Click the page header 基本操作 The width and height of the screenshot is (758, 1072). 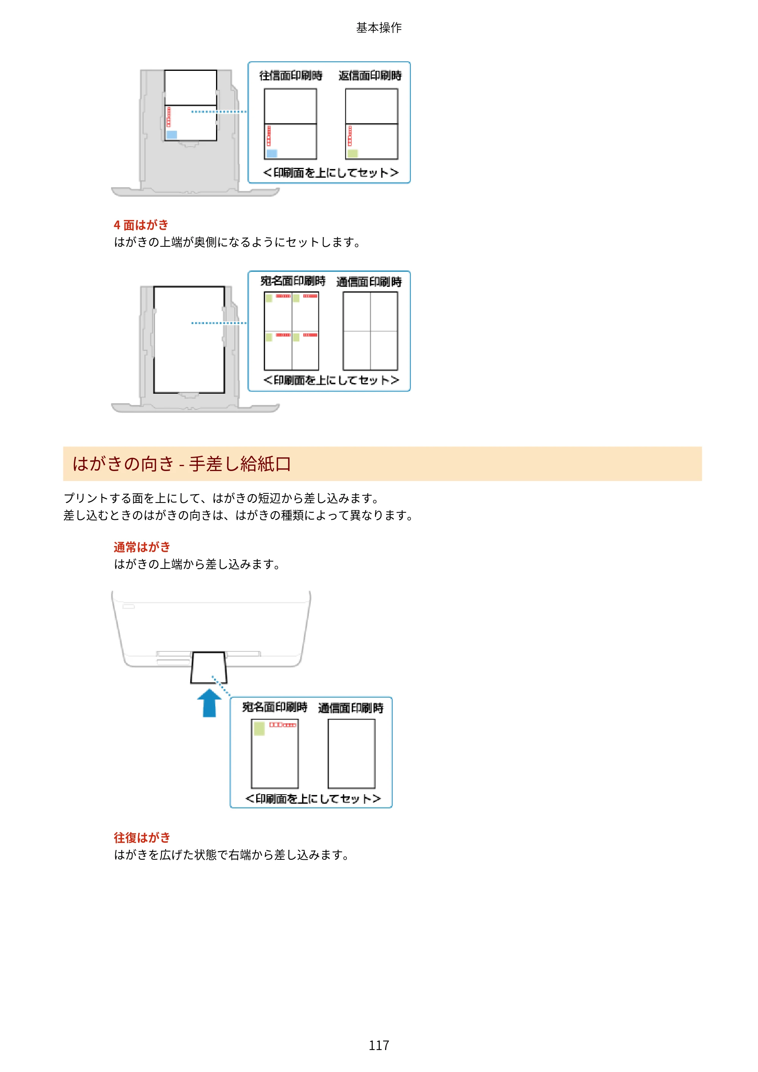pos(379,28)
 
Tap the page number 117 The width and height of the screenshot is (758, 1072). pos(379,1045)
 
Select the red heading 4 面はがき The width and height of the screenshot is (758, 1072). pos(141,225)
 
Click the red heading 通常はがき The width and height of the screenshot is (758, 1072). pos(142,547)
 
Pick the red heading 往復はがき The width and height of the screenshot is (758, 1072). pos(142,837)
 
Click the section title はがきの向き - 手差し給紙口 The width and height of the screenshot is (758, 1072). pos(182,464)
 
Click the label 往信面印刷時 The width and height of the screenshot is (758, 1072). pos(291,76)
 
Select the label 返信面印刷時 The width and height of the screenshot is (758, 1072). pos(370,76)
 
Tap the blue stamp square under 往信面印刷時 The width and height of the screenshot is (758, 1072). pos(272,153)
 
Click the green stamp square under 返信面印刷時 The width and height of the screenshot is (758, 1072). pos(352,153)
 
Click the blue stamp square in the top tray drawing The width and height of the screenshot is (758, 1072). pos(172,135)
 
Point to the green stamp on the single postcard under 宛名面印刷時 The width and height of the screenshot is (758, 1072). pos(259,728)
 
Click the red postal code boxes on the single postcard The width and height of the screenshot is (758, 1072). pos(283,725)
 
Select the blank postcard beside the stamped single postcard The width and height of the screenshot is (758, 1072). pos(351,754)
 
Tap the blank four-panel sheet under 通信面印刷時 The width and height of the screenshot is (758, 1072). pos(370,331)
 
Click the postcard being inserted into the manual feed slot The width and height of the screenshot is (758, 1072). pos(209,668)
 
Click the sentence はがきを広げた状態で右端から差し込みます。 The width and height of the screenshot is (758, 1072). pos(232,855)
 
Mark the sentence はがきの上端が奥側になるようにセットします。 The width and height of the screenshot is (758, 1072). pos(238,242)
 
